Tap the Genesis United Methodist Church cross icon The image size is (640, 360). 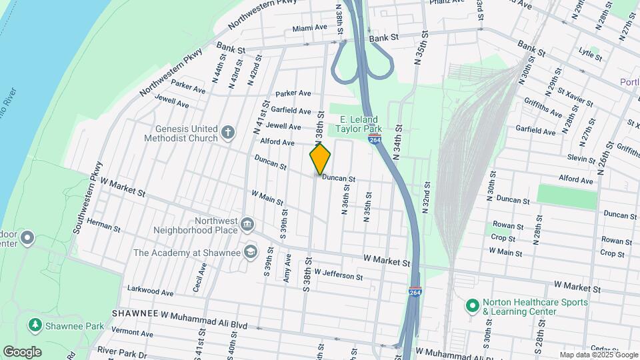[x=228, y=131]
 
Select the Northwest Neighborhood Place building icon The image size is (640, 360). [x=248, y=223]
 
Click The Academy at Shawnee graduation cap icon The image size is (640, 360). [x=250, y=251]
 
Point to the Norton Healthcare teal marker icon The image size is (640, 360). [x=472, y=307]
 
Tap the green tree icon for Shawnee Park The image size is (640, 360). [x=34, y=325]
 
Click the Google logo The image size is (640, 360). [x=22, y=352]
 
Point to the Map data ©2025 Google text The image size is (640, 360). [x=597, y=355]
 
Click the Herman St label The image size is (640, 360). [x=103, y=227]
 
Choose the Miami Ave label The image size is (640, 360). [x=310, y=28]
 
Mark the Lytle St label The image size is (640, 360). [x=591, y=54]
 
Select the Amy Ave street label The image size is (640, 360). [x=288, y=267]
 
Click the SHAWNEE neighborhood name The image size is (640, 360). [x=134, y=313]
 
